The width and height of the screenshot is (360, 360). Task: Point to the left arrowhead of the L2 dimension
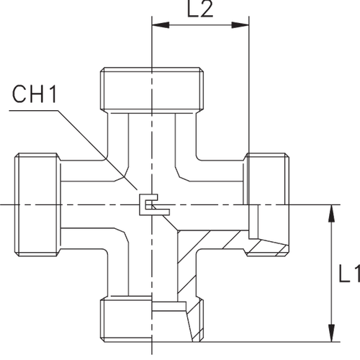click(156, 25)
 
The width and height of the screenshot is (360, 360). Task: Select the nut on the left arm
click(37, 205)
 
